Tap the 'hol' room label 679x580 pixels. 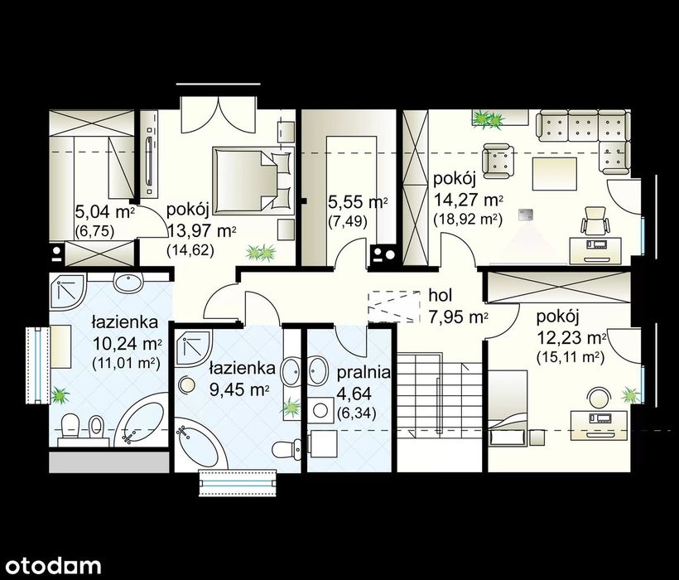440,296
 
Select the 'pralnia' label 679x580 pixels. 364,373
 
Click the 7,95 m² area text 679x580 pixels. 458,317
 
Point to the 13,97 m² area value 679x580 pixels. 202,230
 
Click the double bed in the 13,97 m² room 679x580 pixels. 253,181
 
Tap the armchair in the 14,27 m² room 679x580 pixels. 498,161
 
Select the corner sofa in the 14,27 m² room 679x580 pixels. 583,139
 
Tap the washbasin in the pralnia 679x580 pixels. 319,370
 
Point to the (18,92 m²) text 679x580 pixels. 468,220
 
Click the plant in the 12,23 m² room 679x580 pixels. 630,395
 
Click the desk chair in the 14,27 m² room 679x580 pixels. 595,221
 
